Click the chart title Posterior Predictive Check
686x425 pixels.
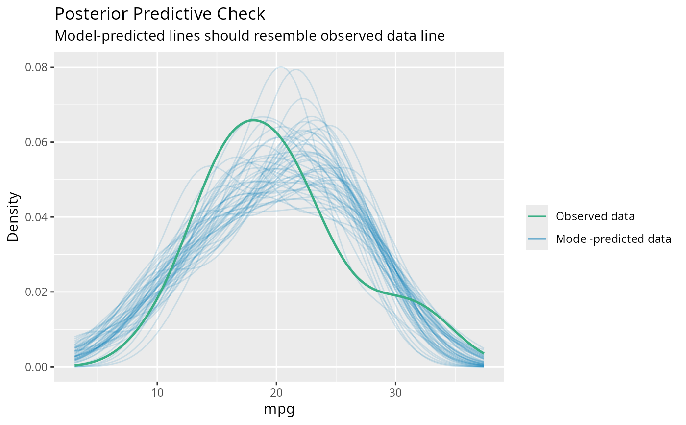160,14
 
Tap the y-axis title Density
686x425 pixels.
14,217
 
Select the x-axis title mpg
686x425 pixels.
279,409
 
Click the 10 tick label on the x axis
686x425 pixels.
157,394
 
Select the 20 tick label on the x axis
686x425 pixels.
276,394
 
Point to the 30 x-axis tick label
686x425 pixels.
396,394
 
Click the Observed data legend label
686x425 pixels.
595,216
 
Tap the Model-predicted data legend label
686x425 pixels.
613,239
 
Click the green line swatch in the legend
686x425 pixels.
537,216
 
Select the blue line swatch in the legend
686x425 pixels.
537,239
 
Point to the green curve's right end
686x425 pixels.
484,353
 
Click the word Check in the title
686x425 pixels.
243,14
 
